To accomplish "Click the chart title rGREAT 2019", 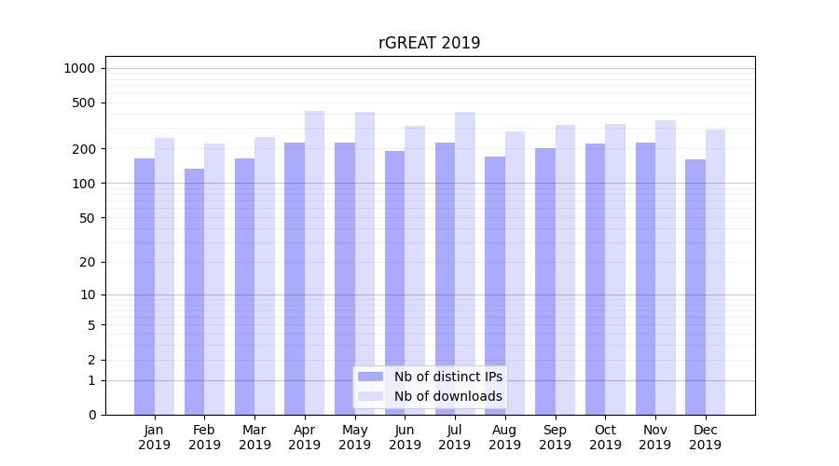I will coord(429,43).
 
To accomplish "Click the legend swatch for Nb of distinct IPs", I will coord(370,377).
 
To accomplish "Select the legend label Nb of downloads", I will coord(447,396).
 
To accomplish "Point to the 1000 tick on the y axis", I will coord(79,68).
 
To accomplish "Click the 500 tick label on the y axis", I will coord(85,103).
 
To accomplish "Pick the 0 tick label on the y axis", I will coord(92,415).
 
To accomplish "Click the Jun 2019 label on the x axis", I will coord(405,437).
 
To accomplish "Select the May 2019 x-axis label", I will coord(354,437).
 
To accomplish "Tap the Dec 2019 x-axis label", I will coord(706,437).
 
